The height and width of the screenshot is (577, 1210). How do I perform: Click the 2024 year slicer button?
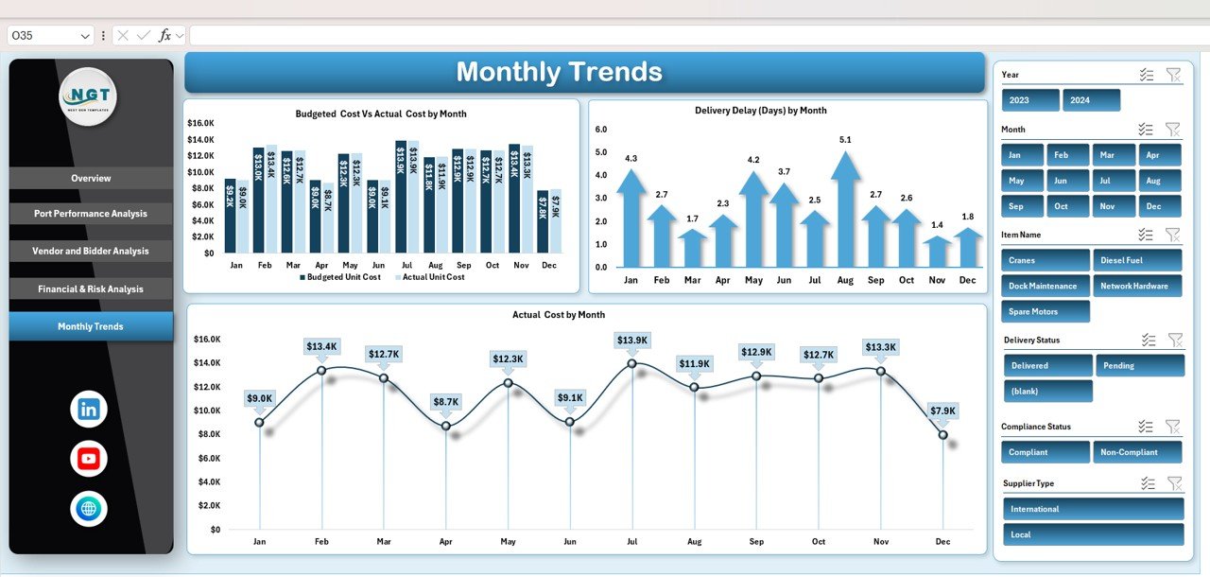1091,100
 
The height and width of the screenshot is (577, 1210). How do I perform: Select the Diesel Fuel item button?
1138,260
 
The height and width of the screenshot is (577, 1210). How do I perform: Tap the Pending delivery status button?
1139,365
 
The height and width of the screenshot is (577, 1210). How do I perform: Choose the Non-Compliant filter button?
1138,452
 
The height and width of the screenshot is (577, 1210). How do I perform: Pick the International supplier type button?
1093,509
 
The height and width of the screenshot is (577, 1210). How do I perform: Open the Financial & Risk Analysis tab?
91,289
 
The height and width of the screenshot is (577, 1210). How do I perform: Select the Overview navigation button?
91,179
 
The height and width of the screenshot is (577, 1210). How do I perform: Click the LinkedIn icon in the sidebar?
89,410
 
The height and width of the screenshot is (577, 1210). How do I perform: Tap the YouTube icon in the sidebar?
89,459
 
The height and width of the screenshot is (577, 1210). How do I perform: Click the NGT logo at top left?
88,96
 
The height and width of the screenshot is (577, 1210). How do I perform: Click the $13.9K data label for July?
632,341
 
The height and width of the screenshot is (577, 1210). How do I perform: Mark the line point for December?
942,435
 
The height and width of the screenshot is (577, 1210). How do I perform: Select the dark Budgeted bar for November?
514,199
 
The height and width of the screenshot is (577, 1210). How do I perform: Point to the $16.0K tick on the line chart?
207,340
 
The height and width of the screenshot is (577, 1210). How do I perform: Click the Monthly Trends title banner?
584,72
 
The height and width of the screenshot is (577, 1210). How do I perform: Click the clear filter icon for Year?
1173,75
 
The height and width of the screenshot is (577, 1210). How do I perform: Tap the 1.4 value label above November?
937,225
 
